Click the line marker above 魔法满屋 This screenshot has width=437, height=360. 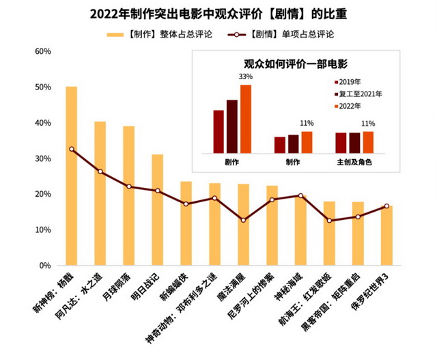tap(243, 220)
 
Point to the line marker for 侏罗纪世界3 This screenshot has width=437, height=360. tap(386, 206)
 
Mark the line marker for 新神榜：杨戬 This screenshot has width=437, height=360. tap(71, 149)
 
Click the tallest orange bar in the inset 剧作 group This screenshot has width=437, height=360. tap(246, 119)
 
